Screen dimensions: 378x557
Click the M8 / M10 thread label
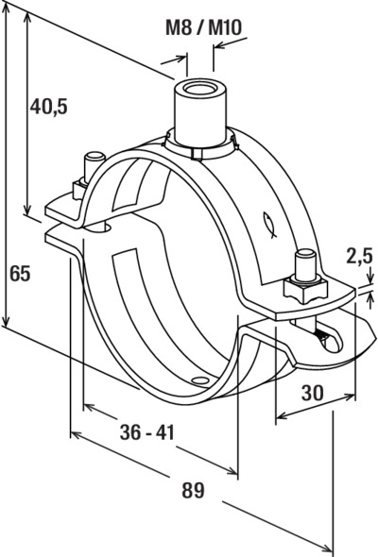tap(204, 27)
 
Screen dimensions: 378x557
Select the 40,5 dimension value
tap(48, 107)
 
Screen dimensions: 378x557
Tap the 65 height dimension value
tap(20, 274)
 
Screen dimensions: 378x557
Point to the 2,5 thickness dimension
tap(360, 257)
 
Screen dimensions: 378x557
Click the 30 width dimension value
tap(313, 393)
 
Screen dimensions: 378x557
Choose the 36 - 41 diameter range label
tap(147, 432)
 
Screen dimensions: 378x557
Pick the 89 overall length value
tap(194, 490)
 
